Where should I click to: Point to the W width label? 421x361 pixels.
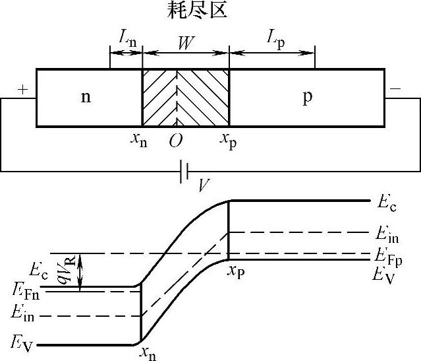pyautogui.click(x=186, y=44)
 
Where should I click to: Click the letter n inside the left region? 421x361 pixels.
pyautogui.click(x=86, y=97)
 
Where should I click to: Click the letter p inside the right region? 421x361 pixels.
pyautogui.click(x=307, y=98)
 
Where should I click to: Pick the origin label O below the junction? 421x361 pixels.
pyautogui.click(x=175, y=141)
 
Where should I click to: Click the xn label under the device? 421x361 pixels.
pyautogui.click(x=139, y=141)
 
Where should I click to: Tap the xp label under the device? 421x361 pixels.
pyautogui.click(x=228, y=141)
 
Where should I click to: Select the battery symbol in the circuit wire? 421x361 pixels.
pyautogui.click(x=185, y=172)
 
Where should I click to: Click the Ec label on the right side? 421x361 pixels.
pyautogui.click(x=387, y=203)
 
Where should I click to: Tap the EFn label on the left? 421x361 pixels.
pyautogui.click(x=24, y=291)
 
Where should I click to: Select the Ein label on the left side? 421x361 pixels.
pyautogui.click(x=24, y=316)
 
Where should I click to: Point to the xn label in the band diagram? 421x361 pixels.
pyautogui.click(x=148, y=352)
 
